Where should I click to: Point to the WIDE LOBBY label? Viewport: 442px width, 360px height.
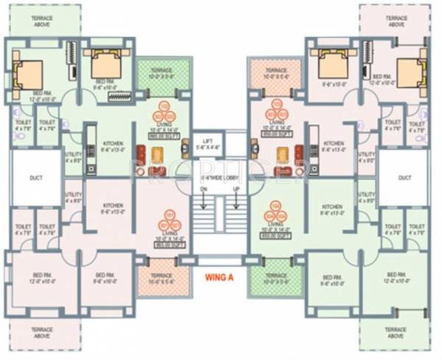tap(221, 177)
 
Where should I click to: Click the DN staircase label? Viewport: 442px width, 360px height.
tap(204, 189)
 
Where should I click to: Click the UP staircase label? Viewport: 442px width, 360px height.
tap(236, 189)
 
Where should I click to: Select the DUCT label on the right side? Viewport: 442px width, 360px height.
tap(404, 177)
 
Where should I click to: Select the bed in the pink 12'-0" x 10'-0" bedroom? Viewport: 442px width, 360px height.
tap(410, 72)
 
